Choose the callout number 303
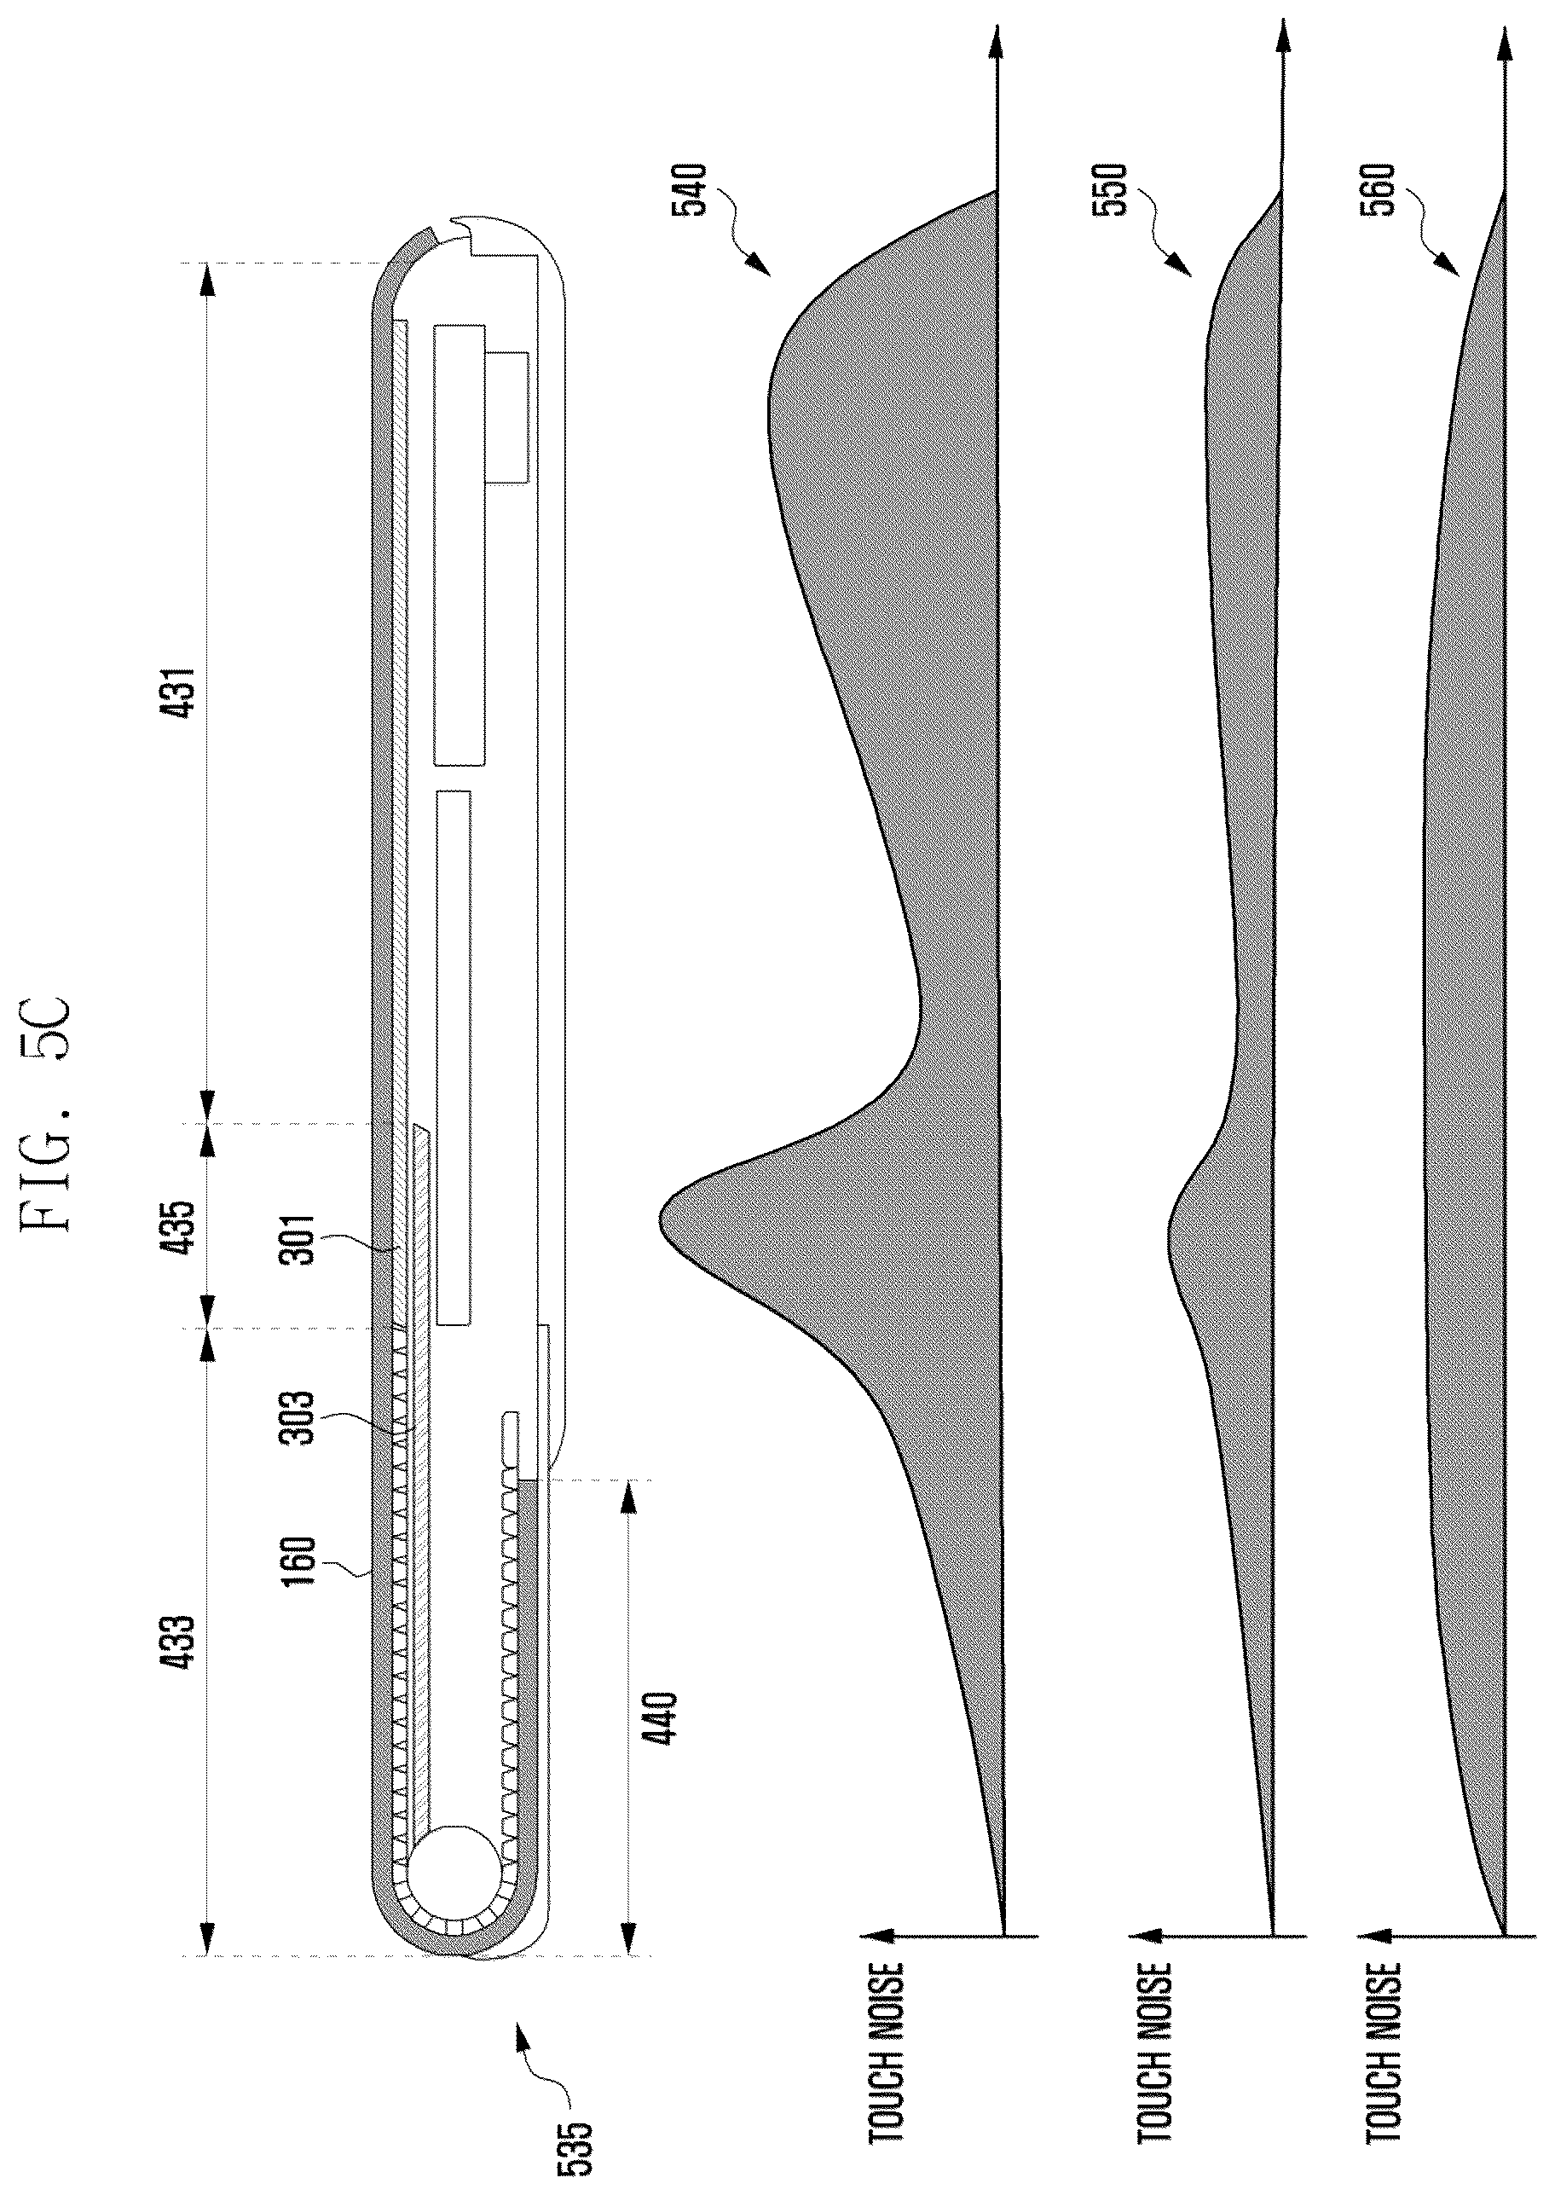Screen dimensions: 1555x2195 point(303,1420)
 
